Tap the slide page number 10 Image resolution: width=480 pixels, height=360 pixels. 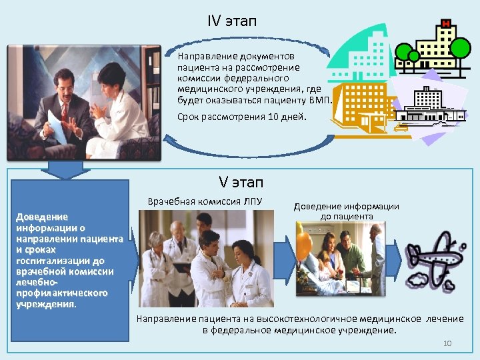coord(447,343)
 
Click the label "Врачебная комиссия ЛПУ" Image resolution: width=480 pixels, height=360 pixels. coord(205,201)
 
